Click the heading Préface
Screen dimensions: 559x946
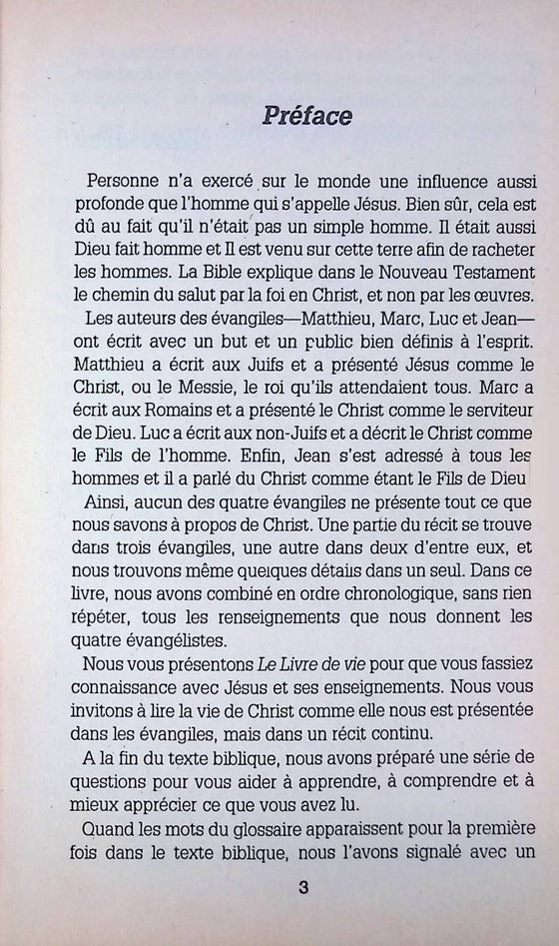pos(307,116)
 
